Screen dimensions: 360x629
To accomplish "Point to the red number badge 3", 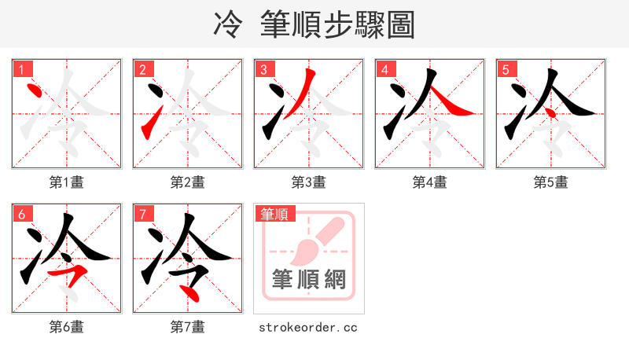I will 264,69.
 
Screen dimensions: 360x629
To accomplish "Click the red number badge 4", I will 385,69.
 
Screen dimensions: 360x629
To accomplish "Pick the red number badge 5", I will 506,69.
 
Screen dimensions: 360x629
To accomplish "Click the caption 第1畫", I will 67,182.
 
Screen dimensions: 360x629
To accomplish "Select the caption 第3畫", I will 309,182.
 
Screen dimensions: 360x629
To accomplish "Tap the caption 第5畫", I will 551,182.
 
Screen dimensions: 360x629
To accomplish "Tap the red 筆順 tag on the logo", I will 274,214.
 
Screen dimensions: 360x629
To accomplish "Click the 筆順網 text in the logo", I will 309,279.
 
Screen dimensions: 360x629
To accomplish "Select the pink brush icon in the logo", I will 314,240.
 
